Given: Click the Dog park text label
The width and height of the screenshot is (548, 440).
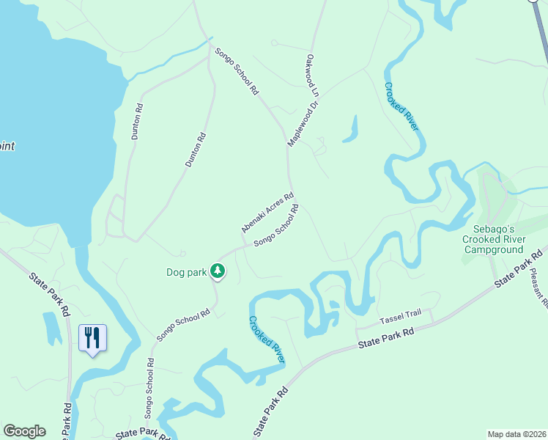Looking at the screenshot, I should click(187, 273).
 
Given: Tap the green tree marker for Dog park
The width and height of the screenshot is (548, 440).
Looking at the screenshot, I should click(218, 271).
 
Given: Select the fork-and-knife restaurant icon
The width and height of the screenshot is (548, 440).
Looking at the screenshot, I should click(92, 338).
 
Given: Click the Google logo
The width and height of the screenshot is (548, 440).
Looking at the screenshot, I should click(24, 431).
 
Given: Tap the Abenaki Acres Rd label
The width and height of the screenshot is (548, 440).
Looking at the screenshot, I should click(267, 213).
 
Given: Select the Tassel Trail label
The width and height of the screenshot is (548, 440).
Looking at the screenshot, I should click(400, 318).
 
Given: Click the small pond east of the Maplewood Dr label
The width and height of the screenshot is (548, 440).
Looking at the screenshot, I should click(351, 131).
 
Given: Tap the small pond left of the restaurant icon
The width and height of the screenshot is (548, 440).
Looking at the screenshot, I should click(52, 328).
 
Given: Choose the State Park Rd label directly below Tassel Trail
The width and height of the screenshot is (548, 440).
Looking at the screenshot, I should click(386, 338).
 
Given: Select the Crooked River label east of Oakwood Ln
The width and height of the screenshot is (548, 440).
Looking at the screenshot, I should click(402, 106).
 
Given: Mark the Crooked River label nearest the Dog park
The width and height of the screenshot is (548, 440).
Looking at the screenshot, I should click(266, 340).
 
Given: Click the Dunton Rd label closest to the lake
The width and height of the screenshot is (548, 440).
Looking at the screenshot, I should click(137, 122).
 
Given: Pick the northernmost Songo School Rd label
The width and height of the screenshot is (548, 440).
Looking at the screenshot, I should click(237, 72).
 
